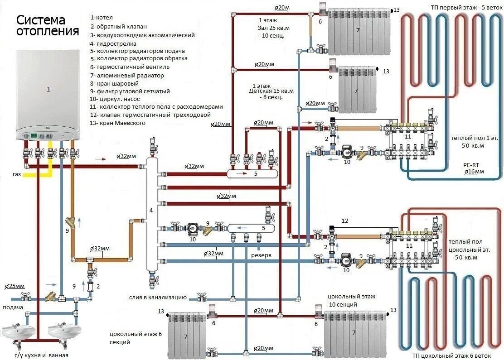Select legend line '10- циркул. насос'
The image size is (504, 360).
click(x=121, y=99)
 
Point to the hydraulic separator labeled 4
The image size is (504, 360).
click(x=151, y=211)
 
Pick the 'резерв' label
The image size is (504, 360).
click(x=262, y=255)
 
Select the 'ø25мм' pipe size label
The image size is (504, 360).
click(x=15, y=287)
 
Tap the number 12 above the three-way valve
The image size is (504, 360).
click(x=345, y=221)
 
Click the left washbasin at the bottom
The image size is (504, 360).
click(x=15, y=333)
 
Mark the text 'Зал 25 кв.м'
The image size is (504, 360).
click(x=274, y=28)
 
